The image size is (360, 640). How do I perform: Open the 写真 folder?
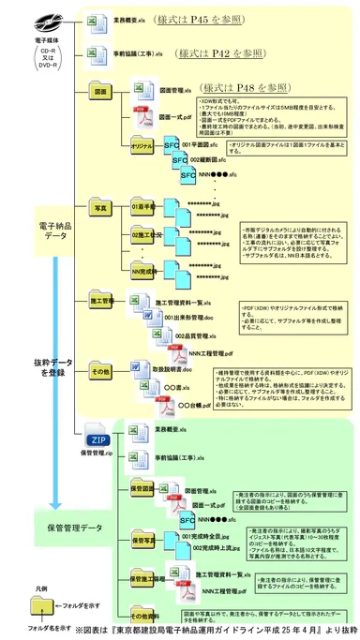pyautogui.click(x=100, y=201)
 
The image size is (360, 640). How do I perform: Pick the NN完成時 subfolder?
pyautogui.click(x=143, y=271)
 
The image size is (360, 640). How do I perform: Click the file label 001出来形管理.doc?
pyautogui.click(x=191, y=318)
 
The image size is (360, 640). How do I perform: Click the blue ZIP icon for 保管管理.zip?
pyautogui.click(x=97, y=439)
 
